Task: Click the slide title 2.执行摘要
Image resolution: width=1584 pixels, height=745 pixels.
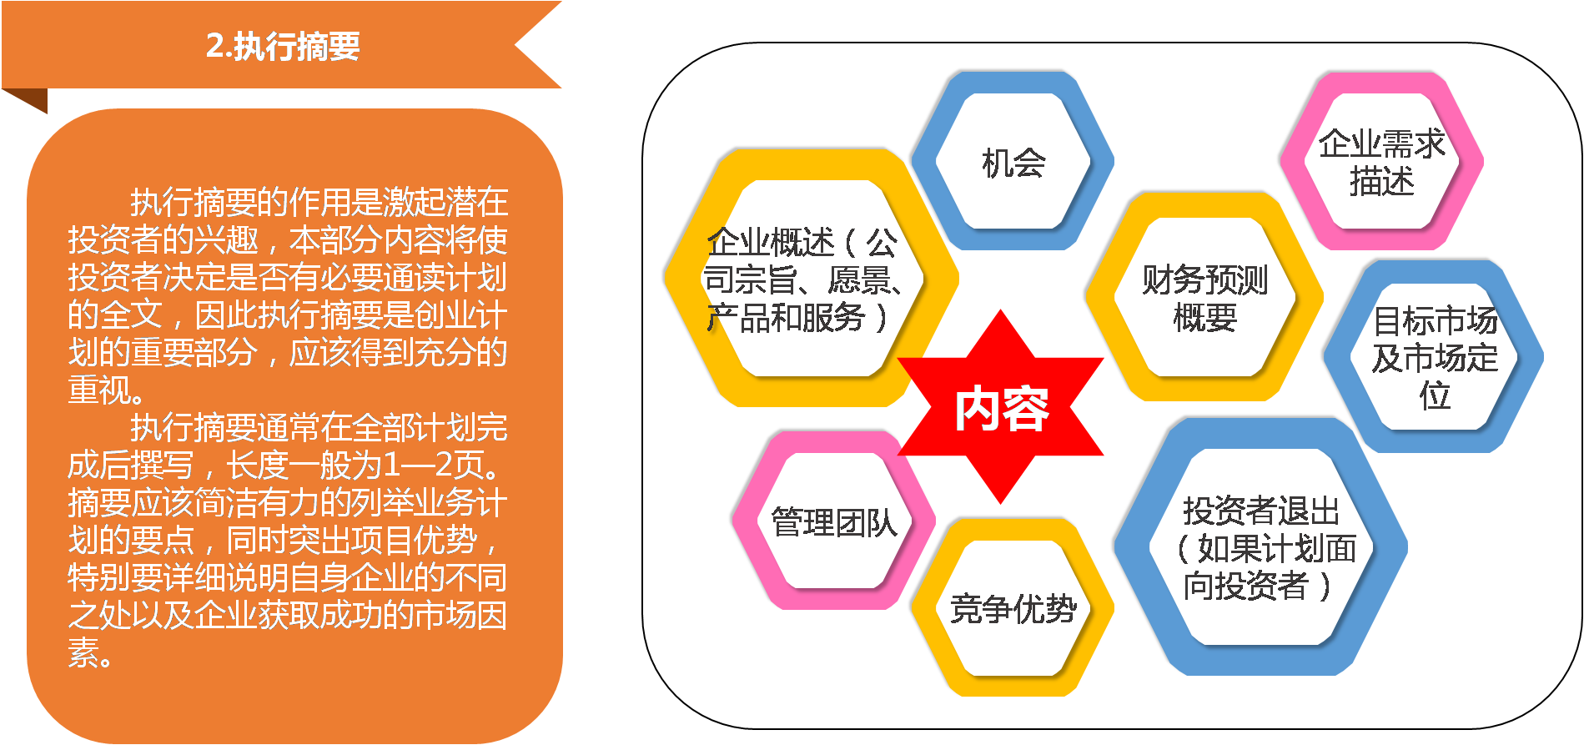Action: click(283, 46)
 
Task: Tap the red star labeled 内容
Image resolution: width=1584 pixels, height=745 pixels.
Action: click(1001, 408)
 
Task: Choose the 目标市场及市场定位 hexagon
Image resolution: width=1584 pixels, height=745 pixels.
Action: click(1435, 357)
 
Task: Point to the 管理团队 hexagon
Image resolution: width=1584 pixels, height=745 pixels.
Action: click(833, 522)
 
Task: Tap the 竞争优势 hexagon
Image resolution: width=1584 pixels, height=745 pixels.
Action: click(1013, 608)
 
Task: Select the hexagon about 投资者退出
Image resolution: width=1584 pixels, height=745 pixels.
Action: click(1260, 547)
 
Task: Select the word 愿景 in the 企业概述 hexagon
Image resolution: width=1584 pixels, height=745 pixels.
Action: click(859, 280)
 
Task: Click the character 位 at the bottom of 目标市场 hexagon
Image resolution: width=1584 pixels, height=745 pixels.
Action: click(1435, 395)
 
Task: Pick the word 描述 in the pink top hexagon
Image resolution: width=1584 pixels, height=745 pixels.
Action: click(1381, 181)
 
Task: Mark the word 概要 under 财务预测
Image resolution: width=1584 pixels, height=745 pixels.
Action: click(1204, 317)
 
